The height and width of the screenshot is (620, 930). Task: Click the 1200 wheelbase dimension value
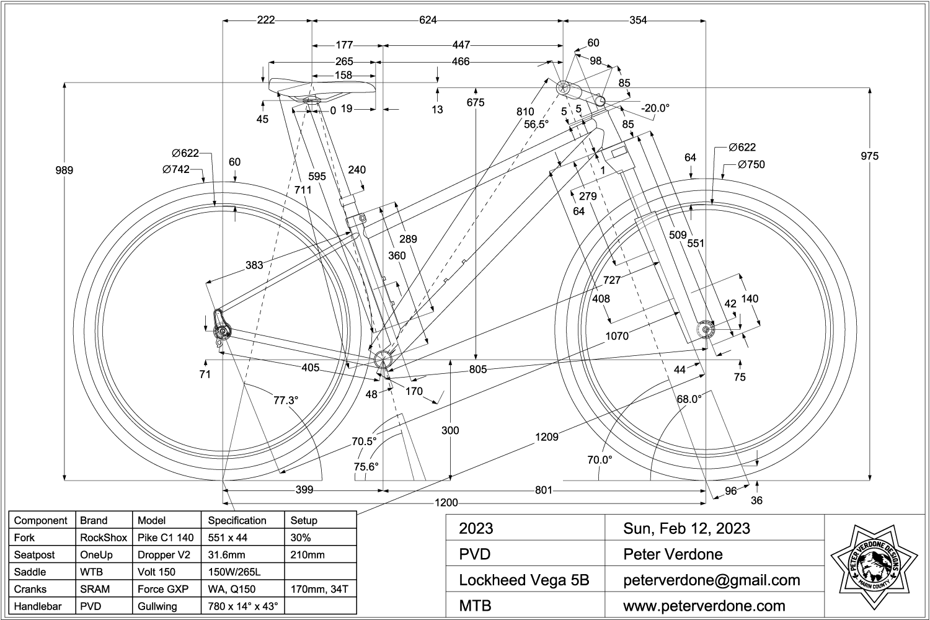446,502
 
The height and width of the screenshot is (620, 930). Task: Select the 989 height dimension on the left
64,170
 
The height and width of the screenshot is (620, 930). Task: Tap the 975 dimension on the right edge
869,156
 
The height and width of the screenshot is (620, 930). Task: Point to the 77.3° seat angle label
286,400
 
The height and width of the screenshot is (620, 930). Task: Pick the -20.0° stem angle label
655,108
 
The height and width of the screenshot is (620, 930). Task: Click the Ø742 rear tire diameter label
176,169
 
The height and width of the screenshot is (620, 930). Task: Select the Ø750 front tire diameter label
751,164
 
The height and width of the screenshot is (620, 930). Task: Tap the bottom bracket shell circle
384,358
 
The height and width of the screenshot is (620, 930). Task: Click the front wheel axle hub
706,329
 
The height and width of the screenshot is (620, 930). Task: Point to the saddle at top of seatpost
322,87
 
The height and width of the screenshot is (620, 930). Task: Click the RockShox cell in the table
103,538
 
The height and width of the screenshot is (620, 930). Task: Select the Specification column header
237,520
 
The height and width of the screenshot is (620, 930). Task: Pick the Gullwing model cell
157,606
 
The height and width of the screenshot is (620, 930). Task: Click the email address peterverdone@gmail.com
711,580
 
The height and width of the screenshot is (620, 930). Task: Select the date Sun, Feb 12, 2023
686,528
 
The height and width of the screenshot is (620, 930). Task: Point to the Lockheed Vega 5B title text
524,580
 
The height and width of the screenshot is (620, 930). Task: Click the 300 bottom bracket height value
451,430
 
